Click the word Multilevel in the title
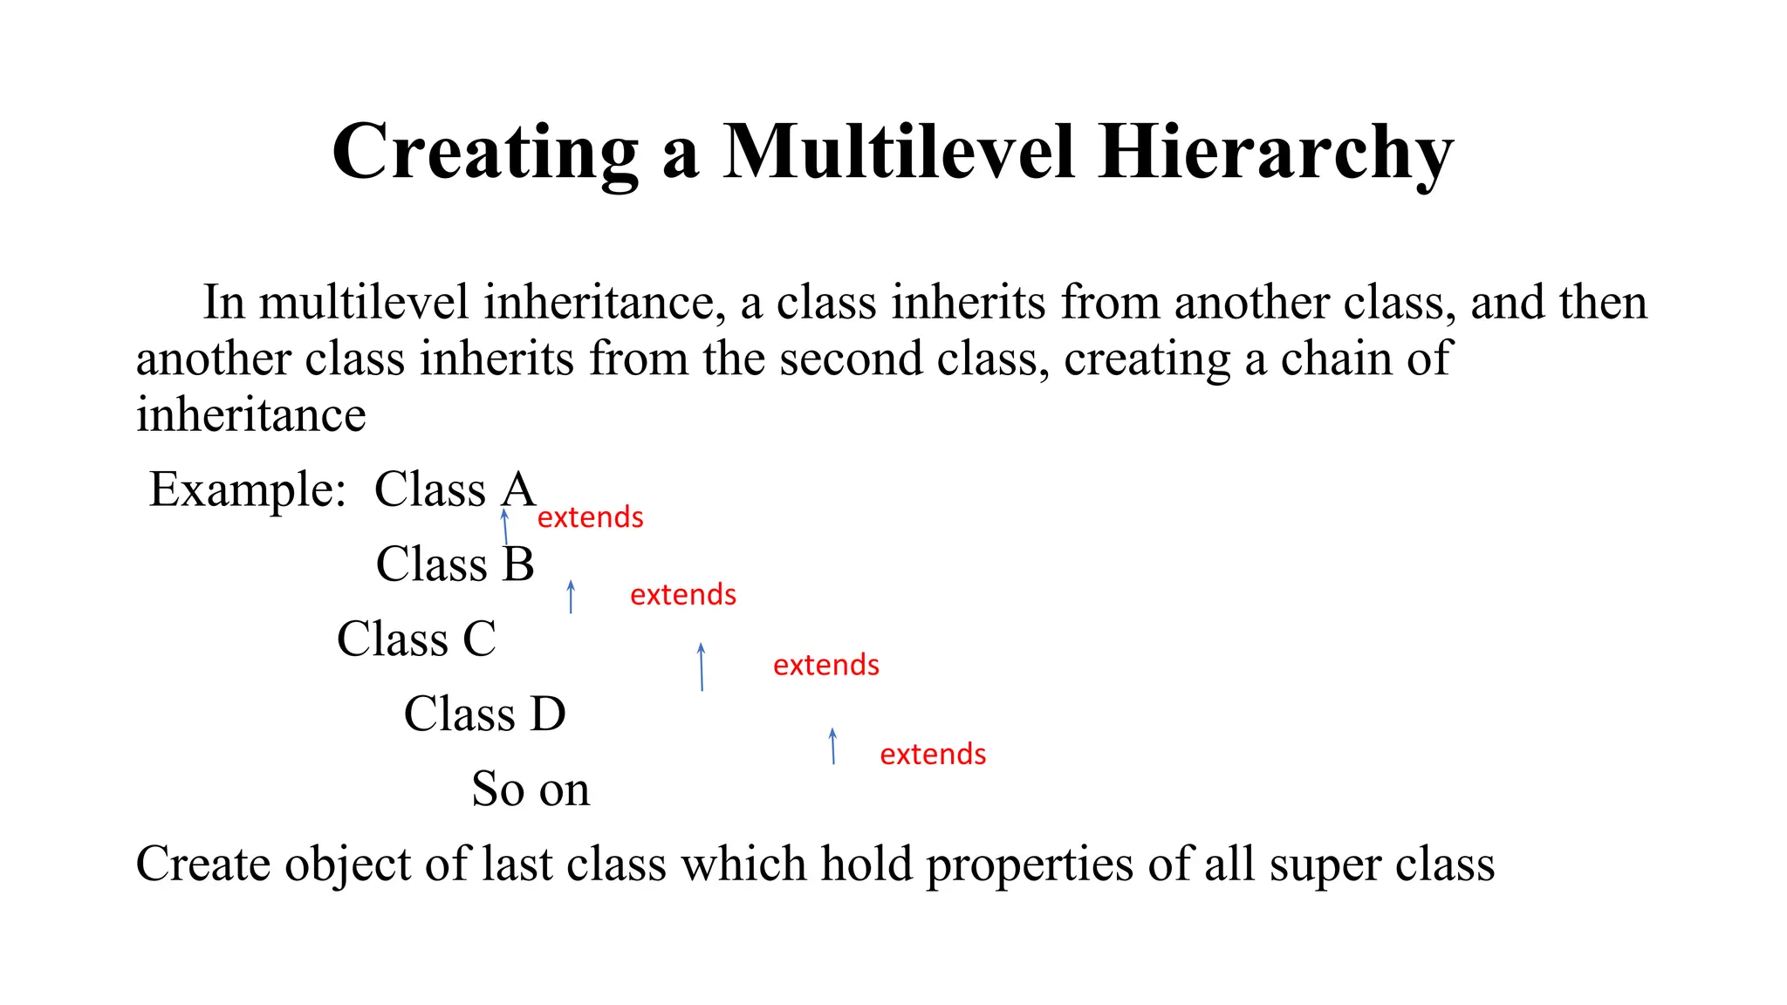pos(898,152)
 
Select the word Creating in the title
pos(485,154)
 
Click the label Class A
pos(454,489)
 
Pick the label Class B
pos(455,564)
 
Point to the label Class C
pos(416,639)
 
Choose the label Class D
pos(484,714)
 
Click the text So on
pos(531,790)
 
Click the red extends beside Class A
pos(590,517)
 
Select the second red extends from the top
pos(683,595)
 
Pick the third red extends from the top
pos(825,666)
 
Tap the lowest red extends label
pos(933,755)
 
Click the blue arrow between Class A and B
pos(505,527)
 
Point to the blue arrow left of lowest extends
pos(833,747)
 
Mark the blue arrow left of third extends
pos(702,667)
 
